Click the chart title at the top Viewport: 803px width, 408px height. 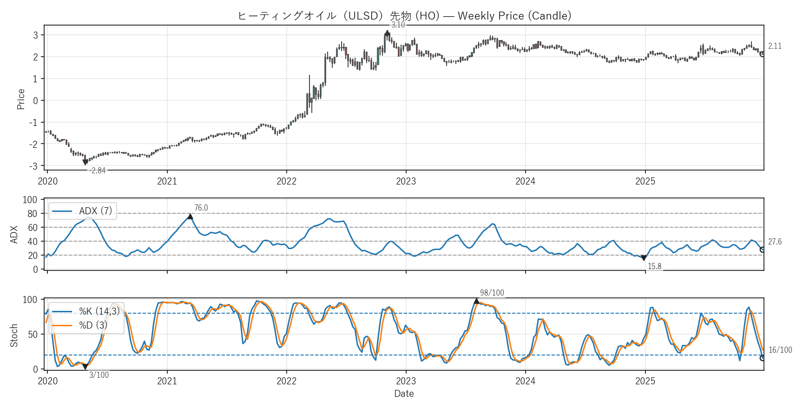404,16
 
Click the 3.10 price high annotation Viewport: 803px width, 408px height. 398,25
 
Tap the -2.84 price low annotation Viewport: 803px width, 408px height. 98,171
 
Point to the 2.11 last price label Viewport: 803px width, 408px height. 775,46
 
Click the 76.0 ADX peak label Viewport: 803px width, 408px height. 201,208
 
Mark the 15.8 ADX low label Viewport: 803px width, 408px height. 654,266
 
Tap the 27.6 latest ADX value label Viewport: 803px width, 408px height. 775,242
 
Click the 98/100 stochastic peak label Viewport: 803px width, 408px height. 492,293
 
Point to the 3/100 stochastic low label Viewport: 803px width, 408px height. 99,375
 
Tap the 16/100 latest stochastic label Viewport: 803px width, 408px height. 780,350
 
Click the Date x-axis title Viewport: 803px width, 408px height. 404,394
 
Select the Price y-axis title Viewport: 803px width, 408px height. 21,99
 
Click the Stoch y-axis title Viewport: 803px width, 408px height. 14,336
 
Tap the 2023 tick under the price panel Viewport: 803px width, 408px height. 406,181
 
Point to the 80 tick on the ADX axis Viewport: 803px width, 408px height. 33,214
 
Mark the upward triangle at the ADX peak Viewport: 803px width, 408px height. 190,217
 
